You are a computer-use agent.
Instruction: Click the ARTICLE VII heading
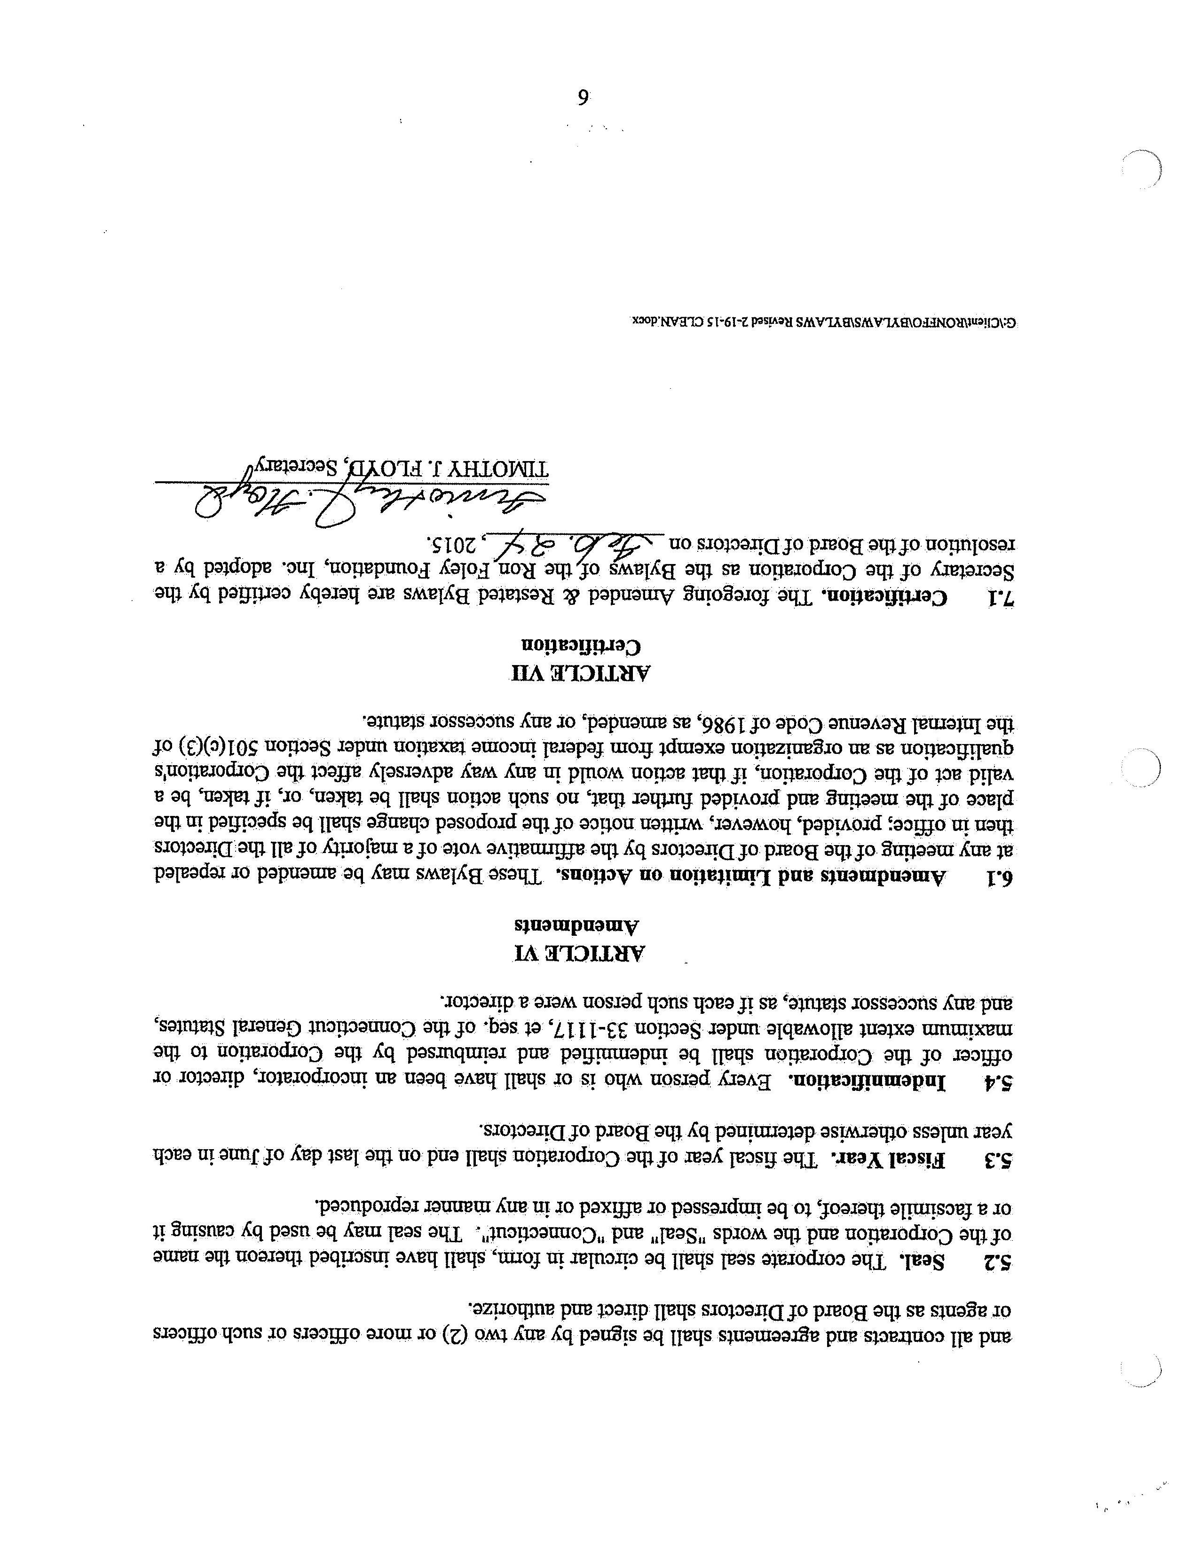(x=583, y=673)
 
